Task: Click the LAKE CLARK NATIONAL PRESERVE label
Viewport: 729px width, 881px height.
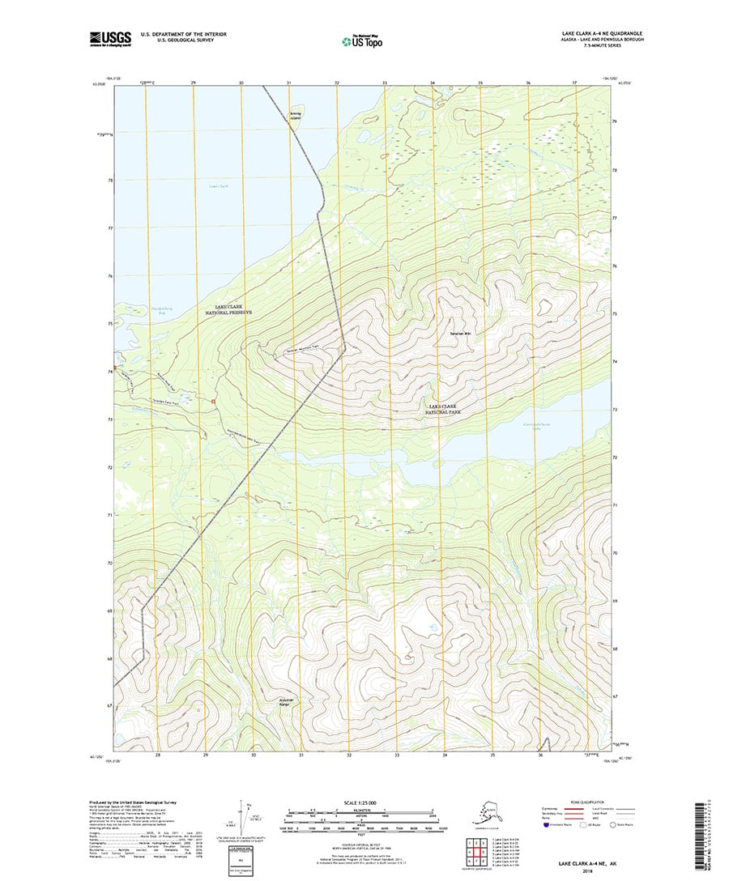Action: point(229,309)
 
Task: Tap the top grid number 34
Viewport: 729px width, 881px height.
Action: point(433,83)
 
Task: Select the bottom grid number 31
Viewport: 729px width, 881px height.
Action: point(301,755)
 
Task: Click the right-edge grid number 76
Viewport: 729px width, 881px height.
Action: point(616,266)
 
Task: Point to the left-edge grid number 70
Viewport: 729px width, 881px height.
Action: point(109,562)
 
